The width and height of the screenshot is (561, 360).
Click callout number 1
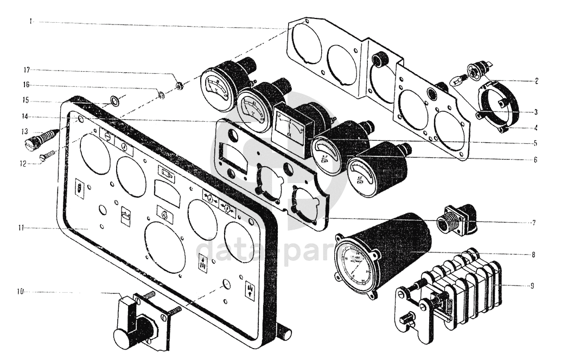point(31,21)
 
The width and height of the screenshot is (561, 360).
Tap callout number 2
point(535,81)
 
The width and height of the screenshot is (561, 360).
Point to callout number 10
point(19,292)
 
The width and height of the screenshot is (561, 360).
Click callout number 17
point(25,70)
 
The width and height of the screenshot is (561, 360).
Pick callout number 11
point(19,228)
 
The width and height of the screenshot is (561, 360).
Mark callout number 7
point(535,223)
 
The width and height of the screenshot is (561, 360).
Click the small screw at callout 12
point(48,155)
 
